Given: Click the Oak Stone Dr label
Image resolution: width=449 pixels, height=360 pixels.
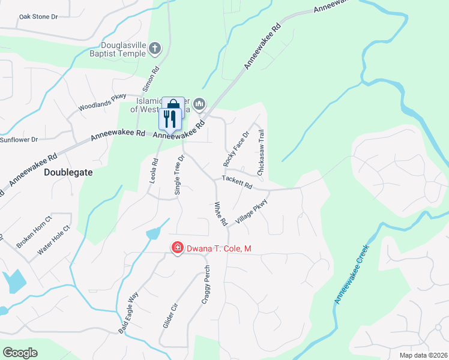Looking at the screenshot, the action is tap(38, 17).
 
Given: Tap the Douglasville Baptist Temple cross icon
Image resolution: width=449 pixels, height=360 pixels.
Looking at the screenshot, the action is tap(154, 47).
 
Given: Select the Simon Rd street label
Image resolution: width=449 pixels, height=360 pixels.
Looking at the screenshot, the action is tap(151, 79).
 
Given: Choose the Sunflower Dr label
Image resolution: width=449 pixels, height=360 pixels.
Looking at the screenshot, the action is tap(18, 139).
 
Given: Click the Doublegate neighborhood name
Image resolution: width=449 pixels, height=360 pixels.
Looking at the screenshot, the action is tap(68, 172).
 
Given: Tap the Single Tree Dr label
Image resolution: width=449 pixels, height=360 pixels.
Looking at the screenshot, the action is tap(178, 175).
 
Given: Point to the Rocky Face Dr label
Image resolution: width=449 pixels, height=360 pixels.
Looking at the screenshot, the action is tap(236, 149).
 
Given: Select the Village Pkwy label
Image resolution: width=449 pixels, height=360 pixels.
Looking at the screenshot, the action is tap(251, 212).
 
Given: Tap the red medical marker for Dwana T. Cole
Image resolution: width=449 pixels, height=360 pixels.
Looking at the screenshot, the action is tap(177, 248).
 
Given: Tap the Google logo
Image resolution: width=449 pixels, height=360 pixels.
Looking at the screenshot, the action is tap(20, 352).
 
